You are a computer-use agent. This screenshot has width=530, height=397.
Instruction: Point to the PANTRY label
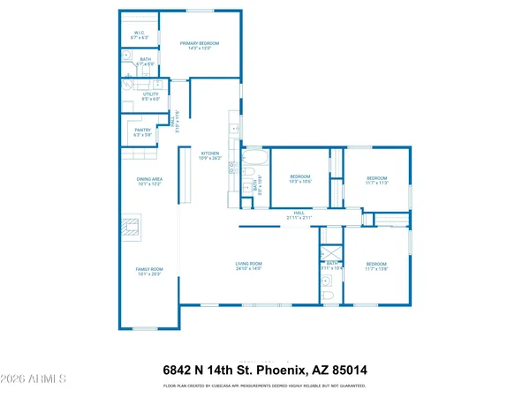coord(143,131)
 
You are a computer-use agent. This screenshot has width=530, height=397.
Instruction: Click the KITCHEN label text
coord(209,153)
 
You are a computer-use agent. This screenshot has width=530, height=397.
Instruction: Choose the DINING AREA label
coord(148,182)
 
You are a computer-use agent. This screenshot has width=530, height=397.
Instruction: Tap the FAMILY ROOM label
coord(149,271)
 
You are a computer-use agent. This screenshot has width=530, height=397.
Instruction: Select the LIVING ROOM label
coord(248,266)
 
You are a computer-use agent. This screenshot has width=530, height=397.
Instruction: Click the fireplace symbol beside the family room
coord(131,228)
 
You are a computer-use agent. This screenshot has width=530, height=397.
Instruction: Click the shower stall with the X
coord(331,236)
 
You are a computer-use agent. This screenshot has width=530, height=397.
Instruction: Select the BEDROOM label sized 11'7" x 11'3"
coord(378,180)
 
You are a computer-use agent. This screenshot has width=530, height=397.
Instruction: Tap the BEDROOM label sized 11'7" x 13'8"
coord(376,266)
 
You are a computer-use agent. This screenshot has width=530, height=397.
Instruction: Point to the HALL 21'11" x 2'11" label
coord(299,214)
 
